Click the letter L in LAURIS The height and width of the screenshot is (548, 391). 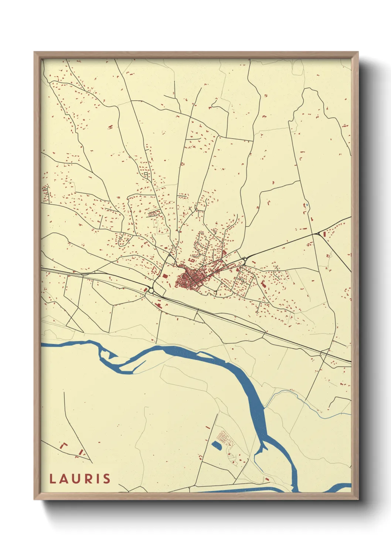tap(52, 479)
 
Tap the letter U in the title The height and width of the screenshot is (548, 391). tap(78, 479)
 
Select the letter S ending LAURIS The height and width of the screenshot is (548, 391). tap(106, 479)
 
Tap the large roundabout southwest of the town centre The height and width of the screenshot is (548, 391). tap(151, 291)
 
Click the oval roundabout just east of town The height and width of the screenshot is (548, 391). tap(244, 259)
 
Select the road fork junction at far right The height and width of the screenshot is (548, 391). tap(319, 234)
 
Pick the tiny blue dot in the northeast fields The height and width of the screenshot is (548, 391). tap(306, 205)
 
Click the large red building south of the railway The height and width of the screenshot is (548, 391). tap(159, 305)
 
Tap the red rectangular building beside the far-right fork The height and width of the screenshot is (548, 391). tap(324, 234)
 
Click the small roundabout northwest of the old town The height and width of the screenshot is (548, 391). tap(170, 255)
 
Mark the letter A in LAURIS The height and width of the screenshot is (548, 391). tap(65, 479)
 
